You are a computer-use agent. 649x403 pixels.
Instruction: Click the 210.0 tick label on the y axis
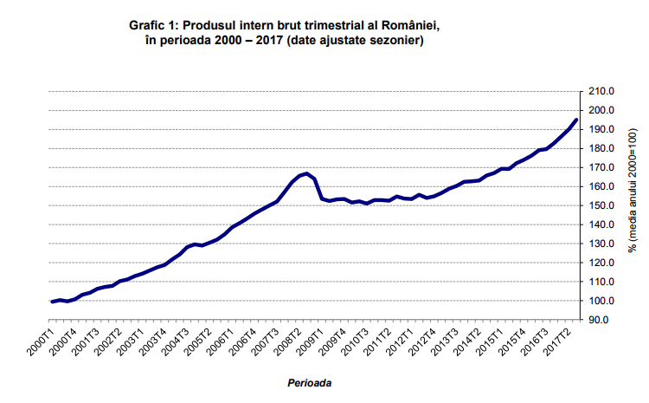click(601, 91)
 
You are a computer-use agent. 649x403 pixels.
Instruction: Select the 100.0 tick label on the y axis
click(601, 301)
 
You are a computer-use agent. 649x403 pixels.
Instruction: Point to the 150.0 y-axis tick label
click(601, 205)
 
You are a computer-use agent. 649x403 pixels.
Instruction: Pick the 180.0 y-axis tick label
click(601, 148)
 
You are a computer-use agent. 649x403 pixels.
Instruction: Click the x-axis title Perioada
click(310, 381)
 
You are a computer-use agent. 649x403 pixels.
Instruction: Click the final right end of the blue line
click(576, 120)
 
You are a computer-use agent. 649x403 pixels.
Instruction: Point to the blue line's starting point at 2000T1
click(52, 302)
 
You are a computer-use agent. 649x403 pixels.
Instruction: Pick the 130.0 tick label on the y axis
click(601, 244)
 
